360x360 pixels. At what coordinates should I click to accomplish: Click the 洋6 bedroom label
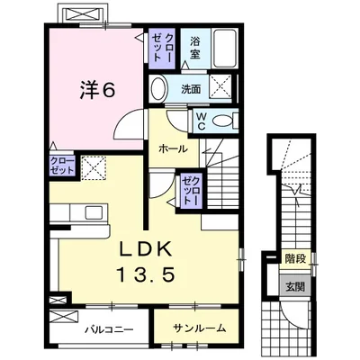click(x=97, y=90)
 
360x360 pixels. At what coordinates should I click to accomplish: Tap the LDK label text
click(x=146, y=248)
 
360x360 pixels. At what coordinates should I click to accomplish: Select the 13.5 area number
click(x=146, y=274)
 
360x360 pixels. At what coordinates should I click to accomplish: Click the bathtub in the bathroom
click(x=224, y=48)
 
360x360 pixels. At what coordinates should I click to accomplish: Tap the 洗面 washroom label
click(x=191, y=89)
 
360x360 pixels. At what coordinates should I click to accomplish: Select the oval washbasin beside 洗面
click(x=159, y=89)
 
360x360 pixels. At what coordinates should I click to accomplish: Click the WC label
click(x=201, y=121)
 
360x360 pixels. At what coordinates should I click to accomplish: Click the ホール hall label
click(x=173, y=148)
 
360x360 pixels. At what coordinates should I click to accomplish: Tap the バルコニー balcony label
click(x=109, y=330)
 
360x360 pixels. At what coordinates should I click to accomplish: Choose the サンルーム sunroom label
click(x=199, y=328)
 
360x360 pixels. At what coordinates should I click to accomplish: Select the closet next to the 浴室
click(x=161, y=49)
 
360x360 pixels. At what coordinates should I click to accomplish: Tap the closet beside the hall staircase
click(x=192, y=192)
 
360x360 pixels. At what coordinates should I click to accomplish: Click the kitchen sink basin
click(x=94, y=212)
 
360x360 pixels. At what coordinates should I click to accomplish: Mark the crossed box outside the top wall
click(x=83, y=13)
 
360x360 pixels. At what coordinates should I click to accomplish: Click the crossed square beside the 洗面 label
click(x=220, y=85)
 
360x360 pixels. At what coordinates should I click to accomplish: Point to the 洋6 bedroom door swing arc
click(x=124, y=119)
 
